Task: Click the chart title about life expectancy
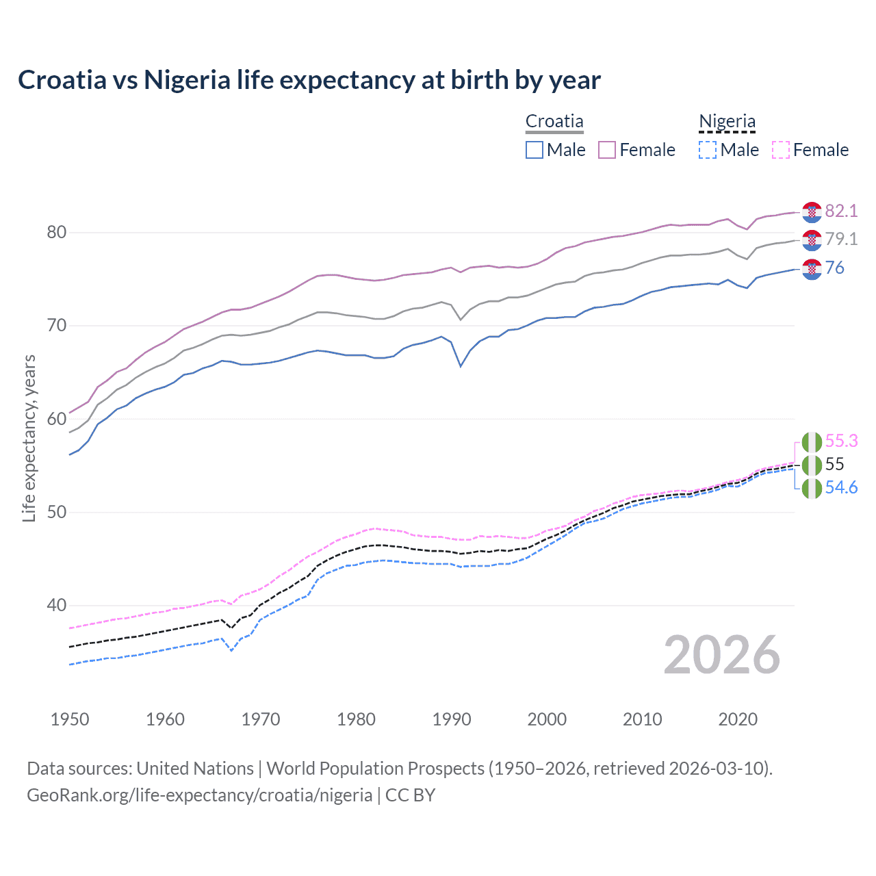[309, 80]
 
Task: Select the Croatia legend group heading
[554, 121]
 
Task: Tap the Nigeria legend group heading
[727, 121]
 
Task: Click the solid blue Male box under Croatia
[534, 150]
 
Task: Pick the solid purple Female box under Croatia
[607, 150]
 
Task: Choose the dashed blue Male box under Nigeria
[708, 150]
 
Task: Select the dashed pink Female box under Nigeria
[780, 150]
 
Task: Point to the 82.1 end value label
[841, 211]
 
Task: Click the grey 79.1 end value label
[841, 239]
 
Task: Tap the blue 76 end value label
[835, 268]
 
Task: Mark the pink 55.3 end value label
[841, 441]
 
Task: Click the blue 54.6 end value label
[841, 487]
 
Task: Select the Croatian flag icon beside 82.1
[812, 212]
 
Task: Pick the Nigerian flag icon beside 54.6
[812, 489]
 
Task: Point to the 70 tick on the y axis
[57, 325]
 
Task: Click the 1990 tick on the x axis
[452, 719]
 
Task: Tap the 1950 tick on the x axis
[70, 719]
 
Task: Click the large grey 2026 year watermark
[721, 655]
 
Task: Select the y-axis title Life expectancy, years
[29, 438]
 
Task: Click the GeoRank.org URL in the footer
[199, 795]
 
